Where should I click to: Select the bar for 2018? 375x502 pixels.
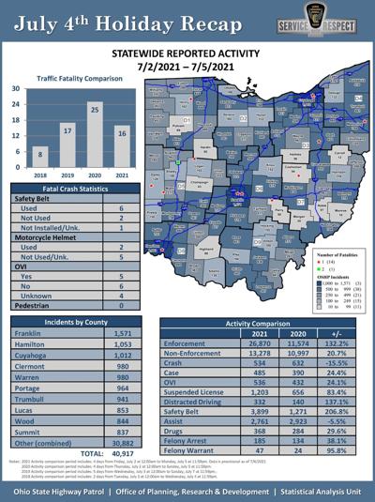click(x=38, y=159)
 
